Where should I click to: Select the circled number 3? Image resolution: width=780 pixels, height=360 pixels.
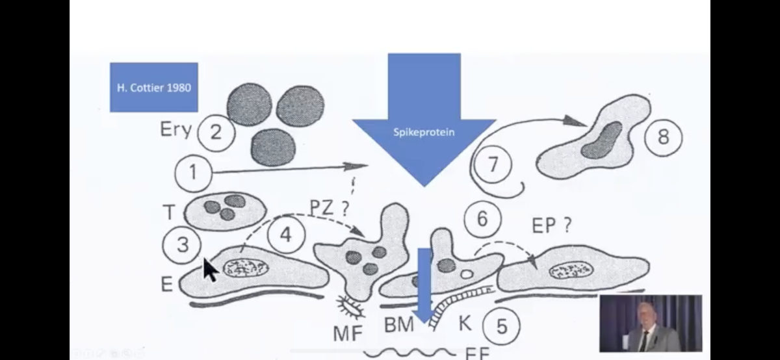click(x=183, y=245)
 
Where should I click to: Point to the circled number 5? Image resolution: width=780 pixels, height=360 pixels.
click(x=501, y=326)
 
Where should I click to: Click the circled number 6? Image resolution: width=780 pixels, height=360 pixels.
click(x=482, y=219)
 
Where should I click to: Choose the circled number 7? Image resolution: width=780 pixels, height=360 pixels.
click(x=492, y=164)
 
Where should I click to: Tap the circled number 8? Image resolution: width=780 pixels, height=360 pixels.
click(x=662, y=137)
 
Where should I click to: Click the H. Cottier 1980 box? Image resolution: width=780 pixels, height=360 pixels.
click(x=153, y=87)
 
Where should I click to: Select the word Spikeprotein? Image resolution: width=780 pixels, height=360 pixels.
click(x=424, y=132)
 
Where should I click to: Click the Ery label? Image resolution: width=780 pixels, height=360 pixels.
click(x=175, y=130)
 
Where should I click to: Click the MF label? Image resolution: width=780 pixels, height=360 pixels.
click(x=348, y=334)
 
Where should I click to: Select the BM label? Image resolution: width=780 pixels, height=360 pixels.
click(x=398, y=324)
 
